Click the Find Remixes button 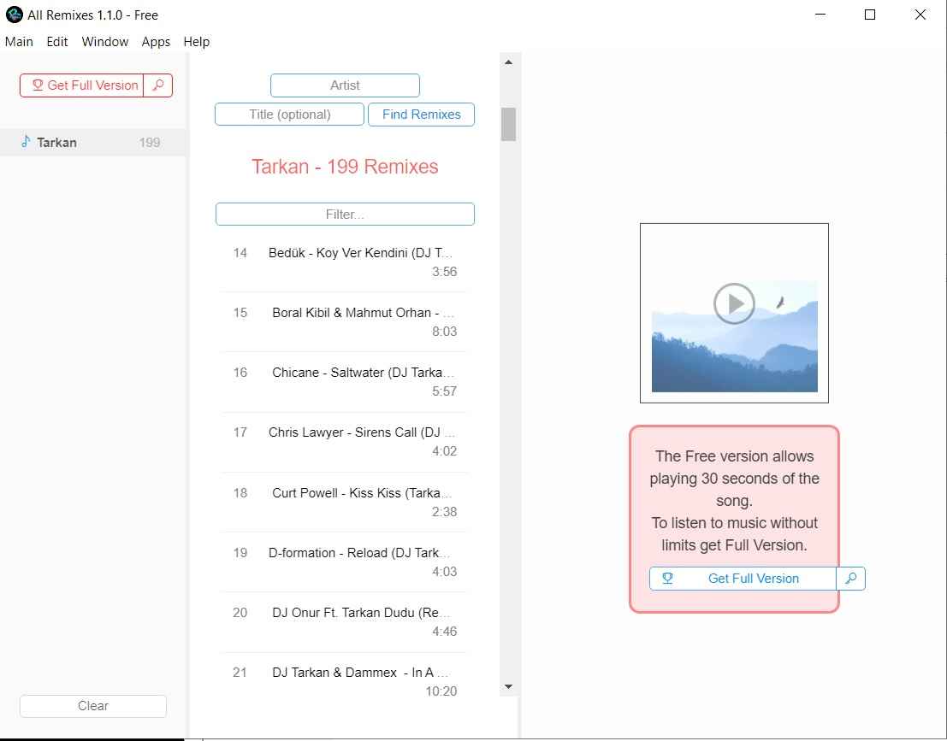click(x=421, y=115)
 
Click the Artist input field click(x=345, y=85)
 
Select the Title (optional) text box click(x=289, y=115)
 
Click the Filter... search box click(x=345, y=215)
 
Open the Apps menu click(x=156, y=42)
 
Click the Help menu click(x=196, y=42)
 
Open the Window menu click(x=105, y=42)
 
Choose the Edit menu click(x=57, y=42)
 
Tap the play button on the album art click(x=734, y=303)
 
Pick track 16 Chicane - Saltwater click(x=344, y=382)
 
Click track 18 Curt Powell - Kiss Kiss click(x=344, y=502)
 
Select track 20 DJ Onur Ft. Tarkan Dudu click(x=344, y=621)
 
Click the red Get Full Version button click(x=81, y=85)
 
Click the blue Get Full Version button click(x=743, y=579)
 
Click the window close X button click(x=920, y=15)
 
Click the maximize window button click(x=870, y=15)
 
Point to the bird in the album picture click(x=780, y=303)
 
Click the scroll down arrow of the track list click(x=508, y=686)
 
